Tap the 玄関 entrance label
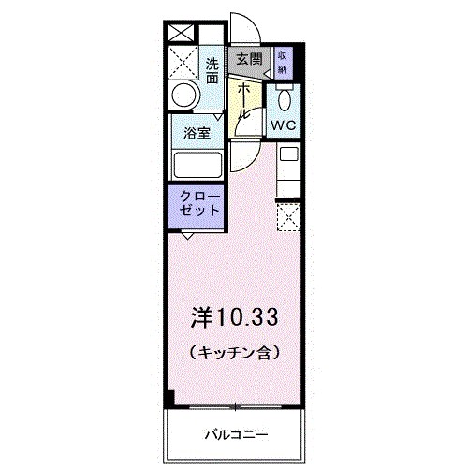point(248,59)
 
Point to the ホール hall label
point(244,99)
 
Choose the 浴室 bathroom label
point(196,131)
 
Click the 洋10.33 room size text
point(234,317)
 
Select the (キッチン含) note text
point(234,354)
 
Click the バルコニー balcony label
point(236,434)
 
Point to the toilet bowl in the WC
point(285,97)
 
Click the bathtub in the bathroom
point(197,165)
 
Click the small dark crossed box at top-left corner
point(179,31)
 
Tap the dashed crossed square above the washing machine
point(183,62)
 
